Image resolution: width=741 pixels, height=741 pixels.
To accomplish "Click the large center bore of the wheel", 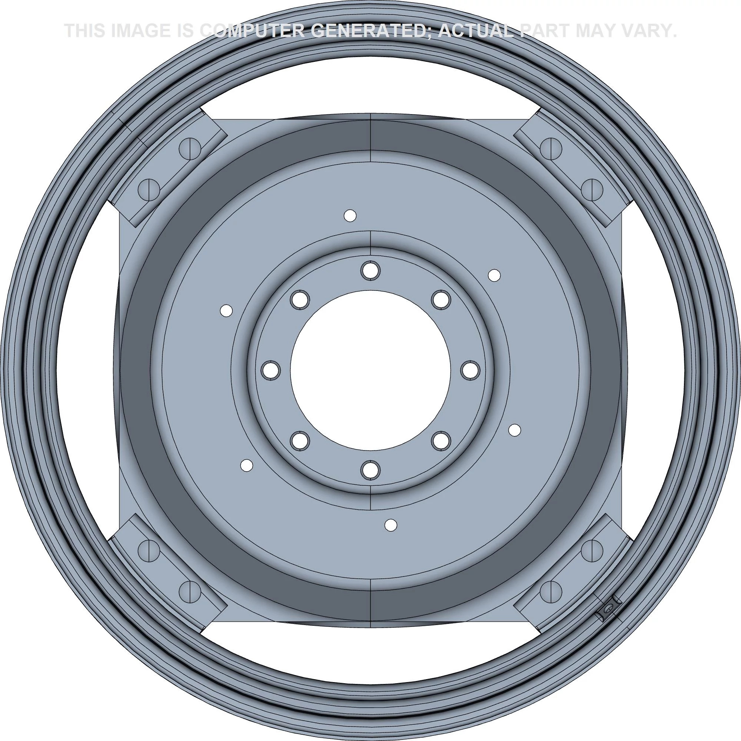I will click(370, 370).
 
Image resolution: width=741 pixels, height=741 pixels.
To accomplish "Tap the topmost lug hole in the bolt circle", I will click(370, 271).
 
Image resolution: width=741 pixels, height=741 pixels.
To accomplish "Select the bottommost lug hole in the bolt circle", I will click(370, 470).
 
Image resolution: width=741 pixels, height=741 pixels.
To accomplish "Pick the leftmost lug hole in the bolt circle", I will click(271, 370).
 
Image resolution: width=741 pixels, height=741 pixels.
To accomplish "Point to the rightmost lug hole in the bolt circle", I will click(470, 370).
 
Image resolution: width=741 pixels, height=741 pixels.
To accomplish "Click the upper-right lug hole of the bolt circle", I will click(441, 299).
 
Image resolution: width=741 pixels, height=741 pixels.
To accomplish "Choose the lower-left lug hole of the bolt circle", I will click(300, 441).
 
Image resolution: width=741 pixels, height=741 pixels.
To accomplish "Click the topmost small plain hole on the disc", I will click(350, 216).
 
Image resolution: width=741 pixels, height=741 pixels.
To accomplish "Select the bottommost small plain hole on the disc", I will click(391, 525).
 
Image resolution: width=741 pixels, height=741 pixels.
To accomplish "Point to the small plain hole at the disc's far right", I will click(514, 430).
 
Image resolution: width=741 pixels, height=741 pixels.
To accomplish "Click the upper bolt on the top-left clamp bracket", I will click(190, 148).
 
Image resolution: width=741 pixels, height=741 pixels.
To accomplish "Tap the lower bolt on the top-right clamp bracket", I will click(592, 189).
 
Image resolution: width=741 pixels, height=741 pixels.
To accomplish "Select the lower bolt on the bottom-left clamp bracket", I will click(190, 591).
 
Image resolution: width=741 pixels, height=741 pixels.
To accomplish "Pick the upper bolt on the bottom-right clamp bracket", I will click(592, 551).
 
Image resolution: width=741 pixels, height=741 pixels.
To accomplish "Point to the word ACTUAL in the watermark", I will click(476, 31).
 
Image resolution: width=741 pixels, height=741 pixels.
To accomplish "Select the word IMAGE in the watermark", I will click(140, 31).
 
